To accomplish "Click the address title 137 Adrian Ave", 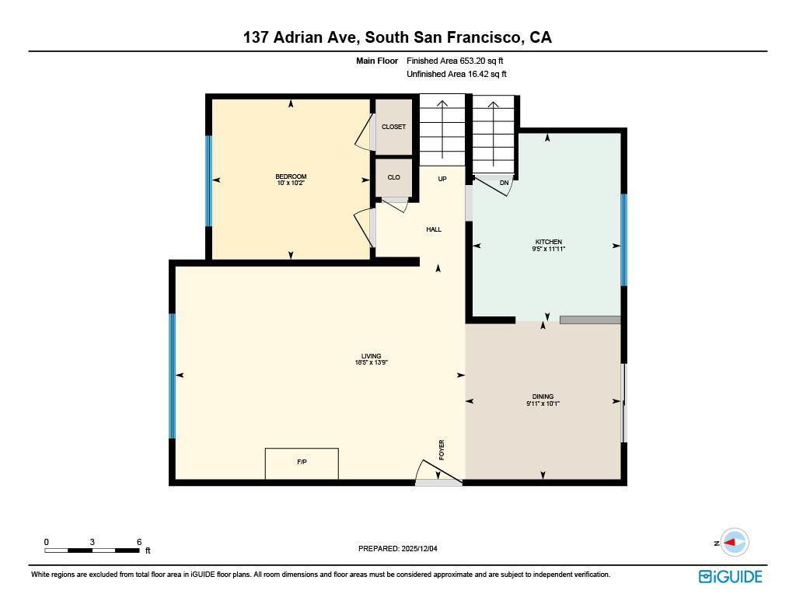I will [397, 37].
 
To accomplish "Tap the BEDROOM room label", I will [291, 180].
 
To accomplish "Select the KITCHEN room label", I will [548, 245].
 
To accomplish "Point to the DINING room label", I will [543, 400].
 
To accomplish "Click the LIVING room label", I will [371, 359].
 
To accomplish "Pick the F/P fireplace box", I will [302, 463].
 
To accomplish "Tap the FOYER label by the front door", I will [442, 449].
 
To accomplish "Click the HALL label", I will [434, 229].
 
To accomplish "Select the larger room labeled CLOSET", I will [393, 127].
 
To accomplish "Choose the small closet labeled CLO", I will [393, 177].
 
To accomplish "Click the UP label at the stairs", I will [442, 179].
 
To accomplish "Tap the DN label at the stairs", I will [504, 183].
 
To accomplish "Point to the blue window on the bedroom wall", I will [208, 180].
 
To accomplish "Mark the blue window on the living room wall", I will [173, 376].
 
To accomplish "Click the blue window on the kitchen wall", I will [623, 239].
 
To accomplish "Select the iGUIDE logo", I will [730, 576].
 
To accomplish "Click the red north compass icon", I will [733, 543].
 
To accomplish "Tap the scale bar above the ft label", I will [92, 550].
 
